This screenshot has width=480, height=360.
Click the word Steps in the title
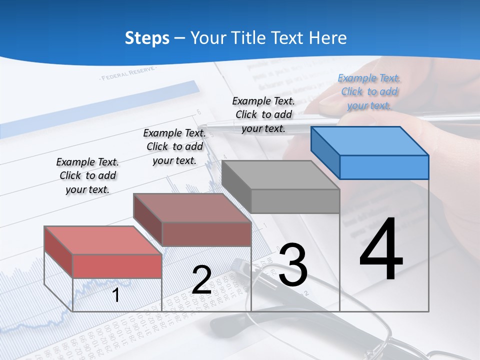click(147, 38)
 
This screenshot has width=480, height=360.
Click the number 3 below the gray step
click(293, 265)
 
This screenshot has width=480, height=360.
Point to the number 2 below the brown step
click(201, 280)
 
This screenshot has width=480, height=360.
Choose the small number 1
click(116, 295)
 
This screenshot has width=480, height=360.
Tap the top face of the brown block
click(192, 207)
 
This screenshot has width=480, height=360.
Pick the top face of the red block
click(103, 240)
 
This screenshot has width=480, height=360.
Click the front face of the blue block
click(384, 167)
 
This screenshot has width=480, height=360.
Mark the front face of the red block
click(117, 265)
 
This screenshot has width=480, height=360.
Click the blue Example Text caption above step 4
click(369, 91)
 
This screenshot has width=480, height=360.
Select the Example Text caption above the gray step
click(263, 114)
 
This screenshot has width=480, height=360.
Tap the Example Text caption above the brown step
click(174, 146)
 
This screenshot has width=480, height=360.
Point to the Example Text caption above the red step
click(87, 175)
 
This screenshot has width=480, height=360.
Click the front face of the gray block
click(295, 201)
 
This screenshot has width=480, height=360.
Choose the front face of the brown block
click(206, 233)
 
